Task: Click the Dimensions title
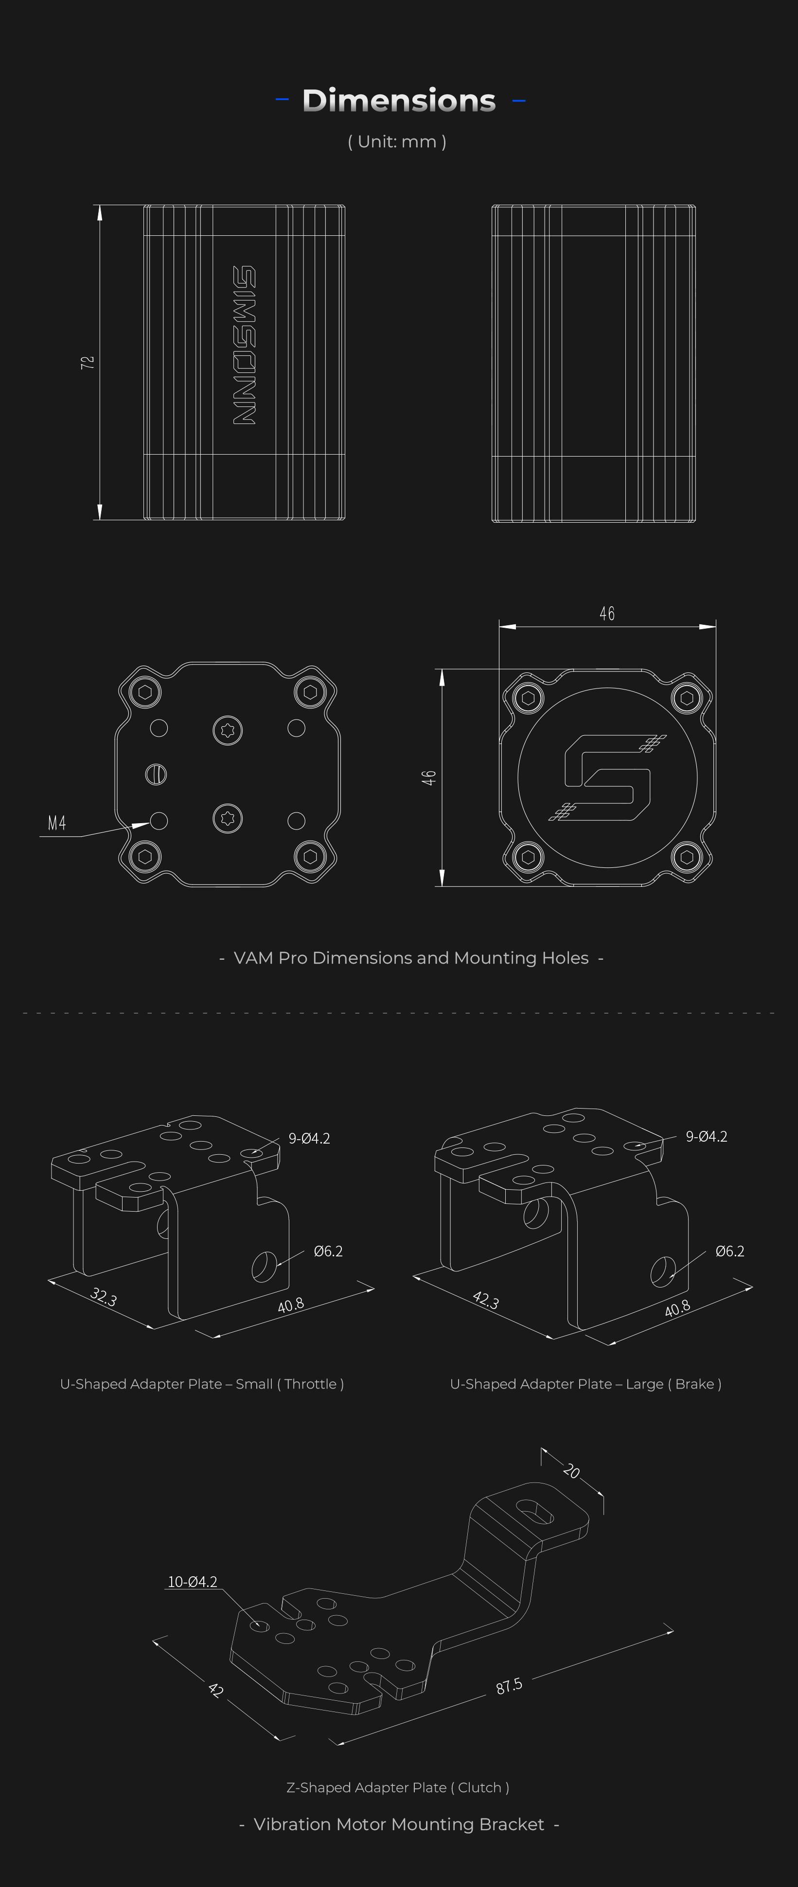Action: (399, 100)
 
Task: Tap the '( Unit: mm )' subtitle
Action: (397, 141)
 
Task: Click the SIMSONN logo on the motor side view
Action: (244, 345)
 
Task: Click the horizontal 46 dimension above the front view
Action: (607, 613)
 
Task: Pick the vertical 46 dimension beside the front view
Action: (429, 778)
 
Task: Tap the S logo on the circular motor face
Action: (607, 777)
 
